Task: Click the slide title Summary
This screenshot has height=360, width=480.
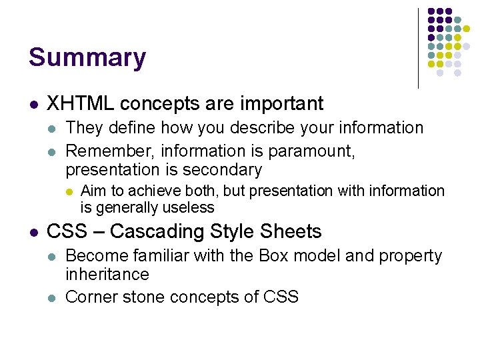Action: click(87, 58)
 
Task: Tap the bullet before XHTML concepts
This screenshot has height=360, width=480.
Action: click(33, 105)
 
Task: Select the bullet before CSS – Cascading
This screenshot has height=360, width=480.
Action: click(33, 233)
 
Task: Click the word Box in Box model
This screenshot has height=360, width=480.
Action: click(273, 256)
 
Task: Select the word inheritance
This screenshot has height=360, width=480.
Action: click(107, 274)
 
